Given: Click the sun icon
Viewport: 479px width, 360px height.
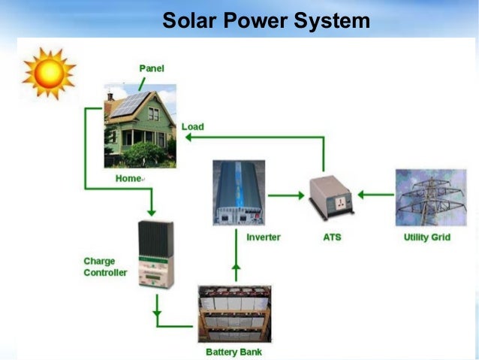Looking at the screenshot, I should click(x=49, y=72).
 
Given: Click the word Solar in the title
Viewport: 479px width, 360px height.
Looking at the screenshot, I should click(x=190, y=20).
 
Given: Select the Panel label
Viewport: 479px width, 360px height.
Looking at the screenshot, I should click(x=152, y=68).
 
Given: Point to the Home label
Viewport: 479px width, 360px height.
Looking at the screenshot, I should click(x=128, y=179).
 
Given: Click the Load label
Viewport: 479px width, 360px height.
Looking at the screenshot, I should click(x=192, y=127).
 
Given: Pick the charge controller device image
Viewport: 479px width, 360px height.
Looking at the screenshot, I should click(x=157, y=255).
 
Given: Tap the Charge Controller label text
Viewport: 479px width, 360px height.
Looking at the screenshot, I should click(x=105, y=267).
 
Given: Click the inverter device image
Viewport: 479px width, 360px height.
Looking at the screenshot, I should click(x=238, y=193).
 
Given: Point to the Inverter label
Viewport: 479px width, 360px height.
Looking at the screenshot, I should click(x=264, y=237).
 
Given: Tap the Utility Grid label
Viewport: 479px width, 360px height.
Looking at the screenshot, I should click(x=426, y=237).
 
